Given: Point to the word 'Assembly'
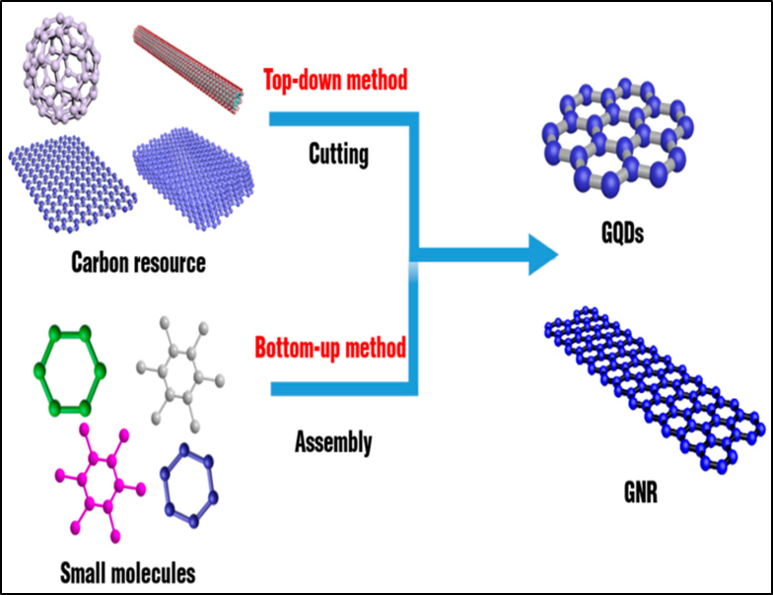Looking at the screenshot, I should click(333, 443).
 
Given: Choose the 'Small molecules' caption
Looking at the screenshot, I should click(128, 570).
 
